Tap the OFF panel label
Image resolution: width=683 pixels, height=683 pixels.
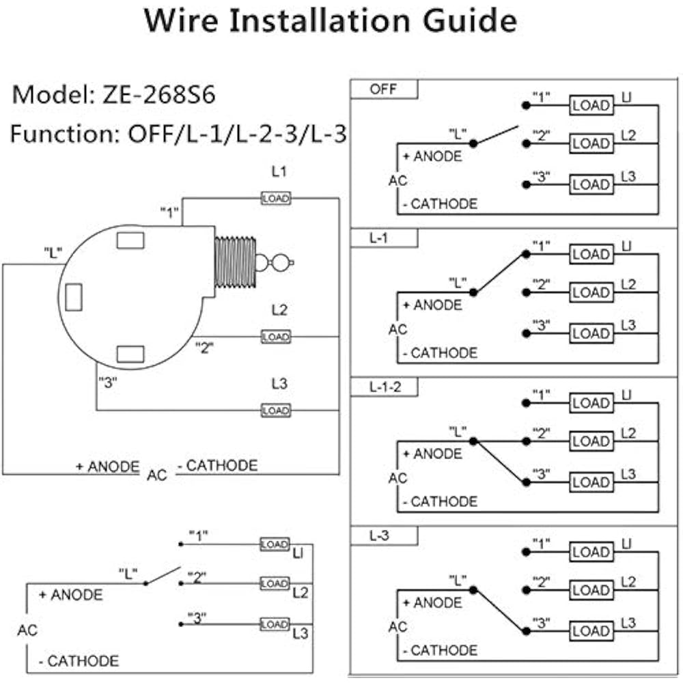click(383, 89)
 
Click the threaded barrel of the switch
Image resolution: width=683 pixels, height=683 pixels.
click(234, 261)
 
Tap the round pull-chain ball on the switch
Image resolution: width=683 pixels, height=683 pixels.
click(280, 261)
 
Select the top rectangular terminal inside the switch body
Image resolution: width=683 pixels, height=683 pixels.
click(130, 240)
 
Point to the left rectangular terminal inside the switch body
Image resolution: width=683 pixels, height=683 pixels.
click(73, 296)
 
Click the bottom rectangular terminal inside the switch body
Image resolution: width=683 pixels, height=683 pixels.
click(130, 354)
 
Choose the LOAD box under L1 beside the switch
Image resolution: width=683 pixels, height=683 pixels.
click(276, 198)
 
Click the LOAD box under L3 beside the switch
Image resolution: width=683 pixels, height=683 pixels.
click(276, 410)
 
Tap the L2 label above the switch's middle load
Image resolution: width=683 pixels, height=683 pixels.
click(279, 311)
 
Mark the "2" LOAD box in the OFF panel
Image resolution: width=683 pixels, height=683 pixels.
click(591, 144)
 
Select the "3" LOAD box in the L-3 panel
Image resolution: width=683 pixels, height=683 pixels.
click(591, 631)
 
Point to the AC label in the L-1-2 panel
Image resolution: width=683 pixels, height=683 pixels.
click(398, 478)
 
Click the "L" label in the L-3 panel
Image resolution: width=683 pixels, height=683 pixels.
click(457, 581)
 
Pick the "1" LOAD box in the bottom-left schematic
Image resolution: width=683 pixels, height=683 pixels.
click(275, 544)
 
